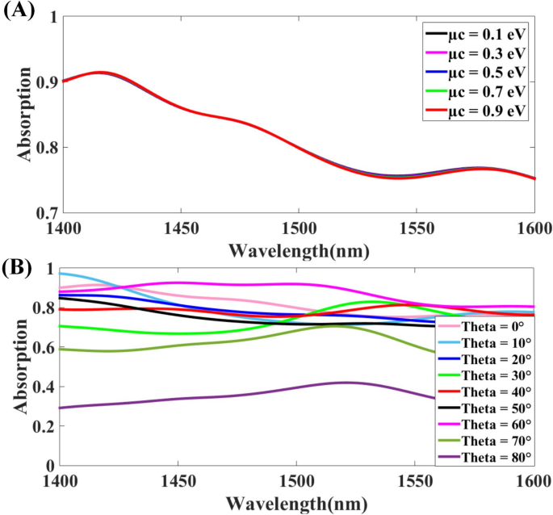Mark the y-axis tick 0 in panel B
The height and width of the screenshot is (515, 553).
pos(52,466)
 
